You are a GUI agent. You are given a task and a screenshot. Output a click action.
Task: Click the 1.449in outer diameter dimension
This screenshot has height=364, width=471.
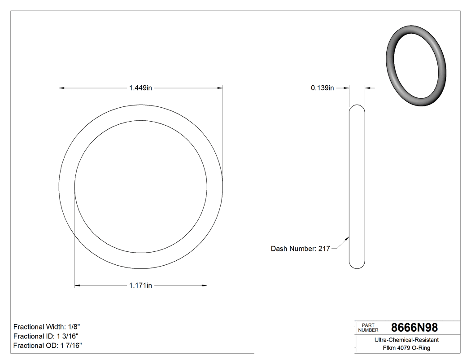(x=140, y=88)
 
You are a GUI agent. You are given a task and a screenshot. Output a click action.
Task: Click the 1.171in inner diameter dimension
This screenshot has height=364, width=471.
(x=140, y=285)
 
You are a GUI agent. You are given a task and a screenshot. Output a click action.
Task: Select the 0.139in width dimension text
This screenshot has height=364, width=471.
(x=322, y=88)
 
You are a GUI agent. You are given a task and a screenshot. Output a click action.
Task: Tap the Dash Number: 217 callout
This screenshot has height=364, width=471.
(x=300, y=249)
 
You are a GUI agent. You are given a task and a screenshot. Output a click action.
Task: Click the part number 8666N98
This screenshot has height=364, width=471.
(x=414, y=328)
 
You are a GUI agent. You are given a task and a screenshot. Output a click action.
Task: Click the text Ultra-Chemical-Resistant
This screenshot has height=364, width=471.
(x=406, y=340)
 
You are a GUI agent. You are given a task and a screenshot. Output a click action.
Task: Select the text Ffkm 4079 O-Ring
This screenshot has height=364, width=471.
(x=406, y=348)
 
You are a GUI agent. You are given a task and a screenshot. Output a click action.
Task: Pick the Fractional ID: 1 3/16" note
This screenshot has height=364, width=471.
(x=46, y=336)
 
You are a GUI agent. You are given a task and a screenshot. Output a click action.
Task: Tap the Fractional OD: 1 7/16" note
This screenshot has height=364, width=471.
(x=47, y=346)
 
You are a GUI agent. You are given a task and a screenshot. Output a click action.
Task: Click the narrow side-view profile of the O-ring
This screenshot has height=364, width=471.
(x=357, y=186)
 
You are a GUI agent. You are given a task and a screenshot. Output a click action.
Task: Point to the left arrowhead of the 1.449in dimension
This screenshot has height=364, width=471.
(x=62, y=88)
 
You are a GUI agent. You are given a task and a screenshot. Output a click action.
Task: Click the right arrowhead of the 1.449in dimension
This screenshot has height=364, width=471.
(x=220, y=88)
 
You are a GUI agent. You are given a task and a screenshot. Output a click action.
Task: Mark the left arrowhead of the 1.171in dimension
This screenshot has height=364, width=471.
(x=77, y=285)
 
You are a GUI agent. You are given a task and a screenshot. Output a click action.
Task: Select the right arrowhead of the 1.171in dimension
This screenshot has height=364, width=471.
(x=204, y=285)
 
